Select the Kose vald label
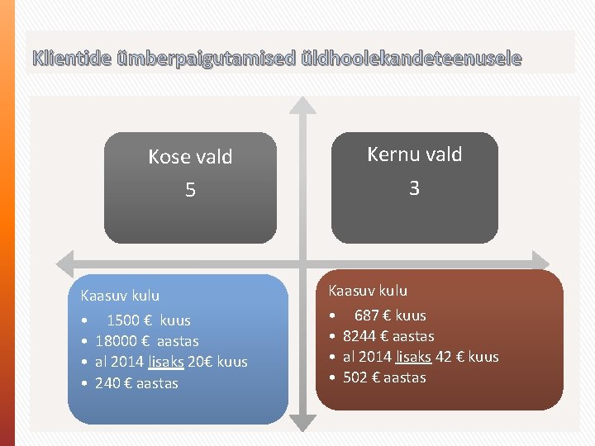point(190,157)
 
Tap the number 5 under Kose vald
point(190,191)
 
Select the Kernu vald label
point(414,154)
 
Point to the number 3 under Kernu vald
point(414,188)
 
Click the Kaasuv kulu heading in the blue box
point(120,296)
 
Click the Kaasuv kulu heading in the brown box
point(368,291)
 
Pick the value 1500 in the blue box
point(123,320)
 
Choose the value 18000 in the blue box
point(117,341)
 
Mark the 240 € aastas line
point(136,383)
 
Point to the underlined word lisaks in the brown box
point(413,357)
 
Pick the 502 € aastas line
point(384,377)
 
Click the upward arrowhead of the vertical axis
point(304,105)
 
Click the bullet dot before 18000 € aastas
point(85,342)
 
